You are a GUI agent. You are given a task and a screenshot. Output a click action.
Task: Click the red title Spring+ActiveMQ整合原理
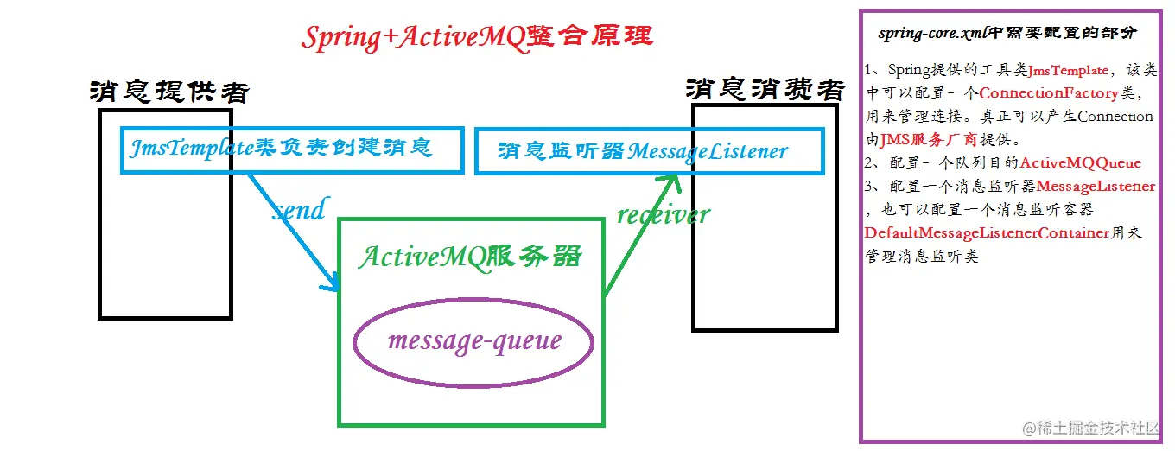coord(477,37)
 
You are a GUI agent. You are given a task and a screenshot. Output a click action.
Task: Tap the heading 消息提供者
coord(169,92)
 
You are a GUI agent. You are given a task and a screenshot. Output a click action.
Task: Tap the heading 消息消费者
coord(765,89)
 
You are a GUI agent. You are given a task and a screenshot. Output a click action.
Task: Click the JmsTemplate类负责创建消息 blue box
coord(292,149)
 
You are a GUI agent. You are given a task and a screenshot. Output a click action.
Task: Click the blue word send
coord(299,210)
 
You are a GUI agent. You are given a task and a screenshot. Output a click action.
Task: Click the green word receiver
coord(663,214)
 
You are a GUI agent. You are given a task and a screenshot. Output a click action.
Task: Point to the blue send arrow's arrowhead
coord(332,283)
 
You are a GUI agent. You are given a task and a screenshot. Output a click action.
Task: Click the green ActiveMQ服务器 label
coord(470,257)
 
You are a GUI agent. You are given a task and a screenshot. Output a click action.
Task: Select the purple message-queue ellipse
coord(473,341)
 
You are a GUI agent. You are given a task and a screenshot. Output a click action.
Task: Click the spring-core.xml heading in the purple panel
coord(1007,34)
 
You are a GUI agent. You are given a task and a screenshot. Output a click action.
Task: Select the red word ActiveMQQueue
coord(1080,162)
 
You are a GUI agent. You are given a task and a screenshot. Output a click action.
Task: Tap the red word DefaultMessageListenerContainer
coord(987,232)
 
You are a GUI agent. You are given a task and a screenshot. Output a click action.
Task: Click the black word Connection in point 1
coord(1115,116)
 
